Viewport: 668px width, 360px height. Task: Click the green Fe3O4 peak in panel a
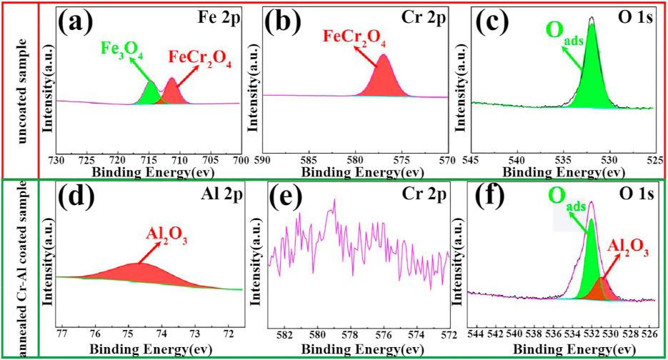151,94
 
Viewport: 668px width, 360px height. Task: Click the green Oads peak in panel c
593,86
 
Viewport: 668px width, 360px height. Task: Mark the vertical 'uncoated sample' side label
19,89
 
